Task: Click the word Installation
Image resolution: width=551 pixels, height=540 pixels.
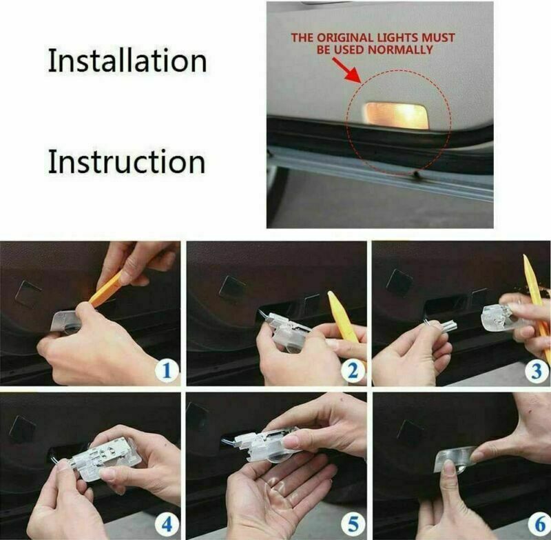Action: point(127,61)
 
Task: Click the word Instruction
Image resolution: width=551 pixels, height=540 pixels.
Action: point(126,161)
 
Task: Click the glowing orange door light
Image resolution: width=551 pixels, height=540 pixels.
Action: point(397,113)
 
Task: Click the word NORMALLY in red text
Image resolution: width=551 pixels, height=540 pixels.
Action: point(406,50)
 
